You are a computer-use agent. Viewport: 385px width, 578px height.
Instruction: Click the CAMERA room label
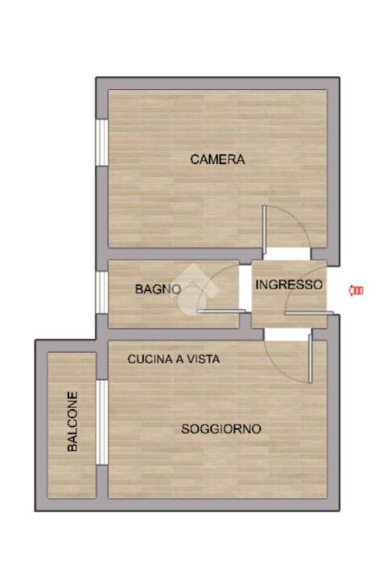pos(217,159)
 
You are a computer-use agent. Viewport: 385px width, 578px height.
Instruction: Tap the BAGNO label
pos(158,289)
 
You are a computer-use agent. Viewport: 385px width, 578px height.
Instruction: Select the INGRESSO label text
pos(289,284)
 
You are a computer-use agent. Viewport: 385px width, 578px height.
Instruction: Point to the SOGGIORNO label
pos(221,429)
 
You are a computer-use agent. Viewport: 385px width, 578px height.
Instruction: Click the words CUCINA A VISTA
pos(174,358)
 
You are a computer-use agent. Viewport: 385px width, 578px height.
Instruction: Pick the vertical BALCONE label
pos(73,421)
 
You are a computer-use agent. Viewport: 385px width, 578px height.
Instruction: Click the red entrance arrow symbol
pos(356,291)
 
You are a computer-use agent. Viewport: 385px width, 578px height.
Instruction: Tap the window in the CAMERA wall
pos(102,142)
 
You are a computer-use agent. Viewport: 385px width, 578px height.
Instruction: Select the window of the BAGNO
pos(102,293)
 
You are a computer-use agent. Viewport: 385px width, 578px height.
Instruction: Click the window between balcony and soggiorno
pos(102,422)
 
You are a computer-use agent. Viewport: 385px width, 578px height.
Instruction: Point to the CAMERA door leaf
pos(264,229)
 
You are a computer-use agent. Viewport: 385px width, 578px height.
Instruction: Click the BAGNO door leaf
pos(221,312)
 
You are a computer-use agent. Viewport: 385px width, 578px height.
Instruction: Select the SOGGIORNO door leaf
pos(310,358)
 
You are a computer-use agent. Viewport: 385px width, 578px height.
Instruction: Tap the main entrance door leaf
pos(309,313)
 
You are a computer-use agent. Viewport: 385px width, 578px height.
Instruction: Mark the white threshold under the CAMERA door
pos(289,253)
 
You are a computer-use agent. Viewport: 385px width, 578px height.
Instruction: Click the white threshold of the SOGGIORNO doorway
pos(286,334)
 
